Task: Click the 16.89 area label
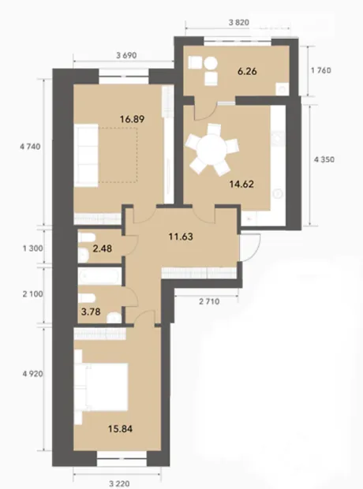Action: pyautogui.click(x=132, y=119)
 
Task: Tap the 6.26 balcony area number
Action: pyautogui.click(x=247, y=72)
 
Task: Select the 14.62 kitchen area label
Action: pyautogui.click(x=241, y=184)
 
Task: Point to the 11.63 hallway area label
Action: pyautogui.click(x=181, y=237)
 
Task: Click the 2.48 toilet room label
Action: pyautogui.click(x=103, y=248)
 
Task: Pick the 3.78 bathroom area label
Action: pyautogui.click(x=91, y=312)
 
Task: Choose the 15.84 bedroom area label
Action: pyautogui.click(x=120, y=429)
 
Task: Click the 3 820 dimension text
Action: pyautogui.click(x=239, y=22)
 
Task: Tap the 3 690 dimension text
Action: pyautogui.click(x=126, y=55)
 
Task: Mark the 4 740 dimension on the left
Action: pyautogui.click(x=30, y=146)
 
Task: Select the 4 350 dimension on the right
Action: pyautogui.click(x=324, y=159)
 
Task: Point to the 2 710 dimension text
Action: pyautogui.click(x=209, y=301)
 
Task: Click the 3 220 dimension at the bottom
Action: pyautogui.click(x=119, y=483)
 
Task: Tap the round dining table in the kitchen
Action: pyautogui.click(x=212, y=149)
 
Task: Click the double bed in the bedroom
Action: pyautogui.click(x=106, y=386)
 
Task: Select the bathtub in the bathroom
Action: pyautogui.click(x=99, y=276)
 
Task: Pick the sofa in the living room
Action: pyautogui.click(x=86, y=155)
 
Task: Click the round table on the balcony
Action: pyautogui.click(x=211, y=64)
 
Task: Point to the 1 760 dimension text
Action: pyautogui.click(x=321, y=70)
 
